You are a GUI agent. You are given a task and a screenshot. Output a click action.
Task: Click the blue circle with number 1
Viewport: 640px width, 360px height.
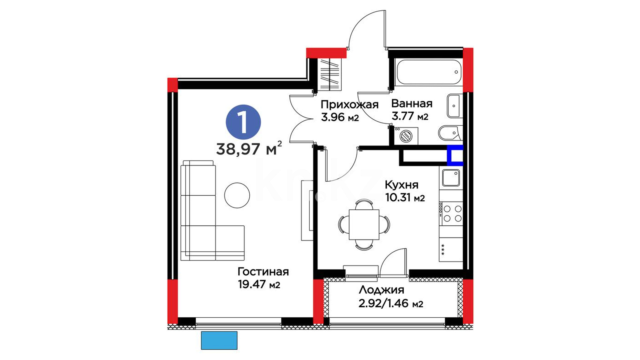[243, 122]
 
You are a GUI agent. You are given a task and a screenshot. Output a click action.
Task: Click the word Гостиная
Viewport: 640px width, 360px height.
[263, 272]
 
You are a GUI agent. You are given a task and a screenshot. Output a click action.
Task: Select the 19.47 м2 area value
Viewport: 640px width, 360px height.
[259, 284]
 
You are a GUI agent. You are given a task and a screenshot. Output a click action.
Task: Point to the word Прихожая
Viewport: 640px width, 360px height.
[349, 105]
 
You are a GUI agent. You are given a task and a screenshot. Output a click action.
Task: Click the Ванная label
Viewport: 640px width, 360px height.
[412, 103]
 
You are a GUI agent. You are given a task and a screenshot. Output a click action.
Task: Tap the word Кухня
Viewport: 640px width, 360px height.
[401, 185]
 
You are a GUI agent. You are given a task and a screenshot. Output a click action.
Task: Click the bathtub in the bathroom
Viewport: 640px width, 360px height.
[429, 72]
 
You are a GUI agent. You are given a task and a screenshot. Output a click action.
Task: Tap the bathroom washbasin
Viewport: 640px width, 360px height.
[454, 106]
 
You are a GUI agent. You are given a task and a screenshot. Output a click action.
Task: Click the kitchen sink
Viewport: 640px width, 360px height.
[451, 178]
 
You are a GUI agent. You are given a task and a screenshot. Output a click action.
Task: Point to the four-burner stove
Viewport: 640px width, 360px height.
[451, 214]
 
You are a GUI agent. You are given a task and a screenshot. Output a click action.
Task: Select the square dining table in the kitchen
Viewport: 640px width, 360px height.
[364, 224]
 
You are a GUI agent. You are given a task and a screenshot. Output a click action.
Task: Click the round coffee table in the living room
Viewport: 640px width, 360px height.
[237, 195]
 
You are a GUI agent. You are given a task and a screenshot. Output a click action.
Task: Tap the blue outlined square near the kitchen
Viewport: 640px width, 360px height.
[455, 155]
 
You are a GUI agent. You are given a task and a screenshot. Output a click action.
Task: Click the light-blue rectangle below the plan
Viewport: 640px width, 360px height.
[219, 340]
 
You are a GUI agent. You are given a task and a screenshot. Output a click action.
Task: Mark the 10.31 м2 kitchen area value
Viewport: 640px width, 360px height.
[405, 198]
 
